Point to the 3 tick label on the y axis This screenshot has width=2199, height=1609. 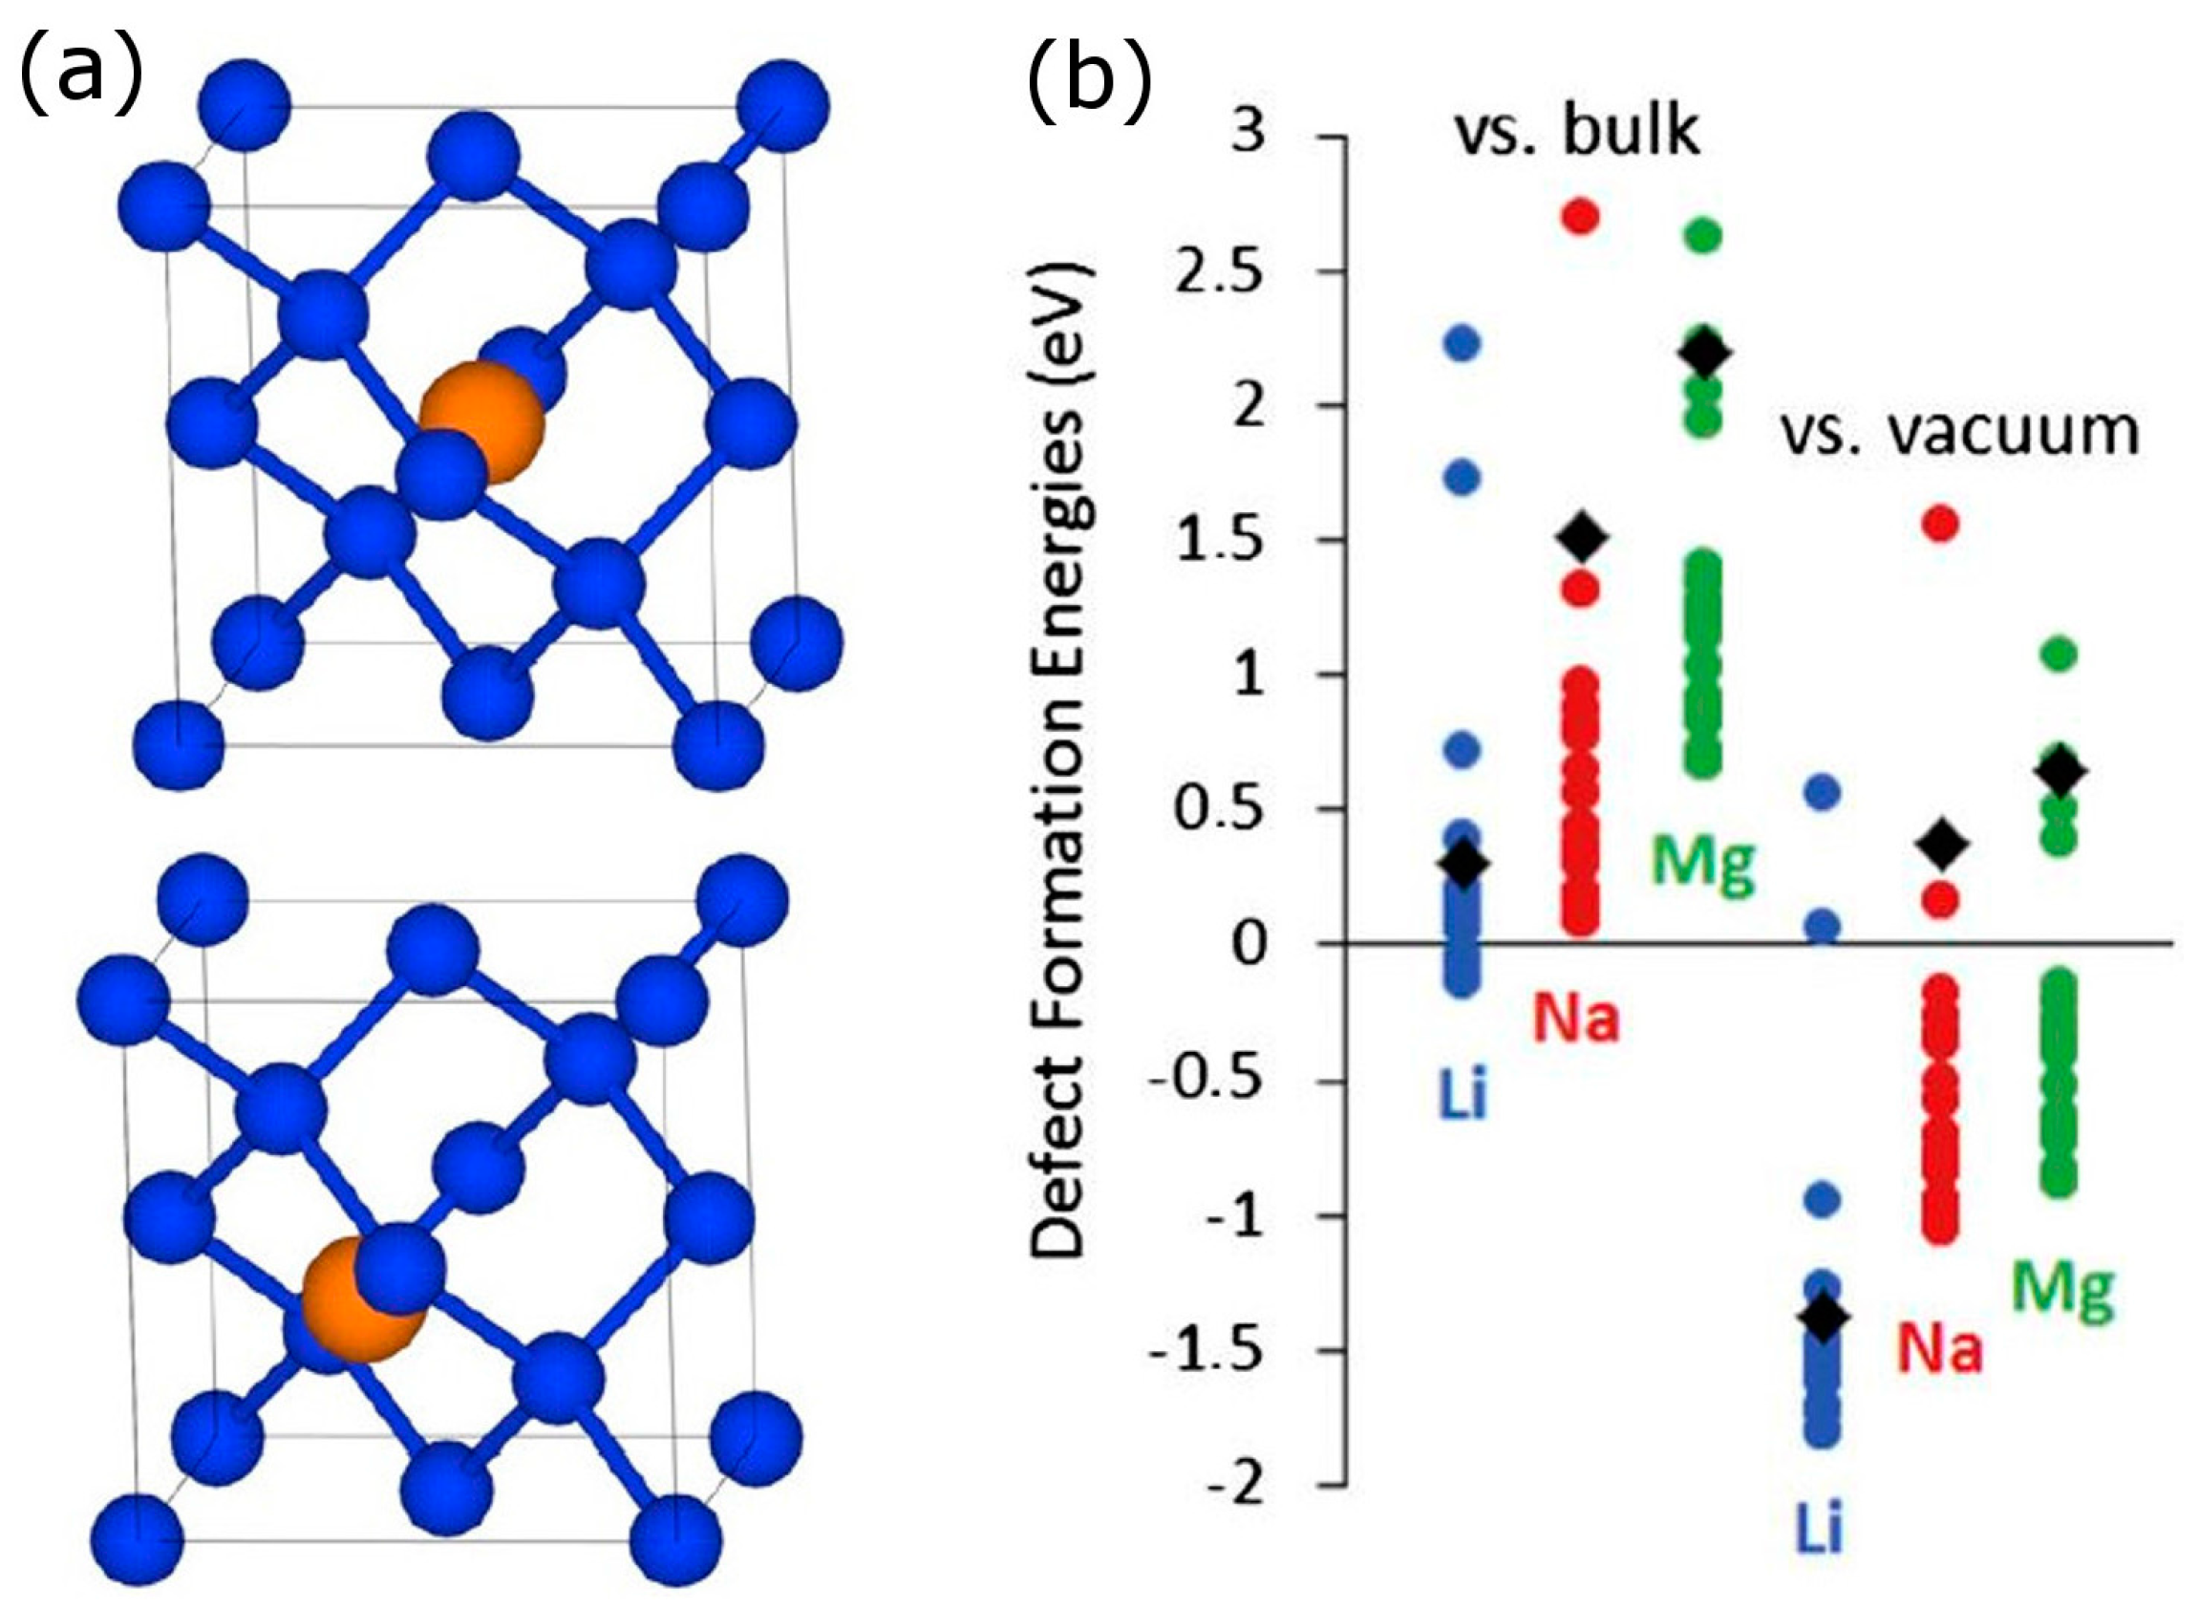point(1249,134)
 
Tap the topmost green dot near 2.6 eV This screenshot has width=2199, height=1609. point(1703,237)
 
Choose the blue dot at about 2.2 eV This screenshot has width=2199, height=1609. point(1461,344)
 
